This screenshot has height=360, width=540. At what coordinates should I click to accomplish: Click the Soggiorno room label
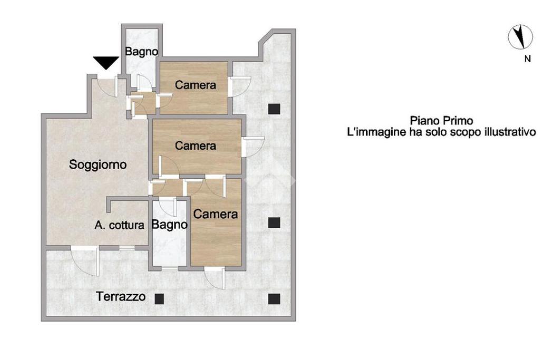click(98, 164)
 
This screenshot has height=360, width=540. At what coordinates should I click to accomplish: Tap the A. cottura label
click(120, 226)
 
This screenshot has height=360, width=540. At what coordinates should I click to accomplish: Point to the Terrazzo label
click(121, 296)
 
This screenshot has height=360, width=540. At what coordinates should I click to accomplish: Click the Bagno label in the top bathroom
click(141, 52)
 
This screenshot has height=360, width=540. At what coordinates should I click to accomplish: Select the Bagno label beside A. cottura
click(169, 225)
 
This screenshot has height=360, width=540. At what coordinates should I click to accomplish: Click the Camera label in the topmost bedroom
click(195, 85)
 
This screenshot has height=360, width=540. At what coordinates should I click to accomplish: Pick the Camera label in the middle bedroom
click(195, 145)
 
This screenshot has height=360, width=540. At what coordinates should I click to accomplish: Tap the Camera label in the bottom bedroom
click(215, 214)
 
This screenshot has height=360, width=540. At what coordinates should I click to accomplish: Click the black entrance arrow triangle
click(106, 63)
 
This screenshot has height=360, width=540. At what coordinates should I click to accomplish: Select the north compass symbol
click(520, 37)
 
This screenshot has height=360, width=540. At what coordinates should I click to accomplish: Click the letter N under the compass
click(527, 59)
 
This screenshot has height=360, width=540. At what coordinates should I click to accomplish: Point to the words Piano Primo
click(441, 121)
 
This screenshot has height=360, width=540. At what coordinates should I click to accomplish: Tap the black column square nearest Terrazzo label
click(159, 299)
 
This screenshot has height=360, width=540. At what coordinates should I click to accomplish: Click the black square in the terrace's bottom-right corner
click(274, 299)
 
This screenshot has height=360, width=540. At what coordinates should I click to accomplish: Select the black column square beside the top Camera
click(274, 109)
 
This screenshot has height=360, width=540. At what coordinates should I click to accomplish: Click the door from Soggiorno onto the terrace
click(85, 260)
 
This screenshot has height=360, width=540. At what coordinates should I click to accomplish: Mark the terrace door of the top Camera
click(239, 87)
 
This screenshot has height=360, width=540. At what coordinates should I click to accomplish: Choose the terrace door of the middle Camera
click(253, 147)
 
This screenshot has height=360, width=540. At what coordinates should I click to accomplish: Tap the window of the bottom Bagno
click(170, 268)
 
